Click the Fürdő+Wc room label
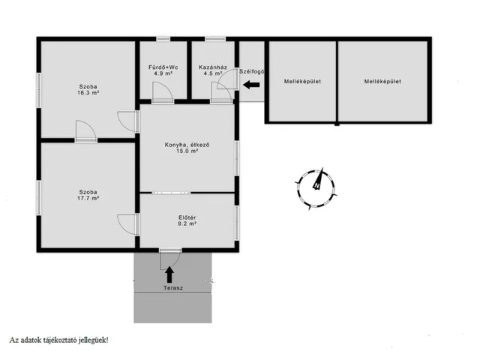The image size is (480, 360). [x=163, y=67]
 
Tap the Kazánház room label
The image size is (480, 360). [x=213, y=67]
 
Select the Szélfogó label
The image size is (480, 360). [x=252, y=72]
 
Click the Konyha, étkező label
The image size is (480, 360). [x=187, y=145]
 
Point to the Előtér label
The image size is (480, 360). [x=187, y=217]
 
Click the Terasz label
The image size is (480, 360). [x=173, y=288]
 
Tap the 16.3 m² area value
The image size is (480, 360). [x=88, y=93]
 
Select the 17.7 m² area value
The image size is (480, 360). [x=88, y=198]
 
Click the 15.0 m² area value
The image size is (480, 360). [x=187, y=151]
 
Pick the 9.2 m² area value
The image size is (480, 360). [x=187, y=223]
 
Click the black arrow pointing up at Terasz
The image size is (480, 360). [x=169, y=274]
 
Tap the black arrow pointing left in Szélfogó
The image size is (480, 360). [x=251, y=85]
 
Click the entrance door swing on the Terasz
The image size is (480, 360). [x=170, y=259]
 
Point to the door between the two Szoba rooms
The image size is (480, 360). [x=86, y=131]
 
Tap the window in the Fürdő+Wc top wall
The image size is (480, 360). [x=163, y=39]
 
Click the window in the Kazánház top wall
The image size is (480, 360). [x=215, y=39]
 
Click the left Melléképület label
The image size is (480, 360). [x=302, y=82]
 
